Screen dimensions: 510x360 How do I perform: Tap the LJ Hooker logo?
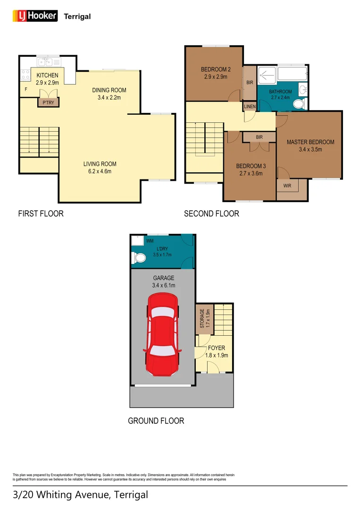(x=34, y=16)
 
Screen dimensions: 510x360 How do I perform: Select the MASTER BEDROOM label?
(x=310, y=142)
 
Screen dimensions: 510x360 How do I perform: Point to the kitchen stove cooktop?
(x=25, y=74)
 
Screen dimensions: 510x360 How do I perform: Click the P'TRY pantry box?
(x=48, y=102)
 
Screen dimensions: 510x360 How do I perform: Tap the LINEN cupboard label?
(x=250, y=107)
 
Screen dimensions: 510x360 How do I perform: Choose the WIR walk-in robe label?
(x=287, y=186)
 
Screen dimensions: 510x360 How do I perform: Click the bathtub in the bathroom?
(x=292, y=73)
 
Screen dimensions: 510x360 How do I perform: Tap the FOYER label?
(x=216, y=348)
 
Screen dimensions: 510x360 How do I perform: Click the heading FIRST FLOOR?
(x=41, y=213)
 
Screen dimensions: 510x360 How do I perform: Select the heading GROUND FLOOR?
(x=156, y=420)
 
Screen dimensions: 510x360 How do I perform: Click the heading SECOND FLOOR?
(x=211, y=213)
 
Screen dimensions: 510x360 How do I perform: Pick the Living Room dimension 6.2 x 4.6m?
(x=100, y=171)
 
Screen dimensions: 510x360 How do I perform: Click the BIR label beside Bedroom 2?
(x=249, y=82)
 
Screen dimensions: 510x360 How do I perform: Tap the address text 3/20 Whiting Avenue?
(x=80, y=495)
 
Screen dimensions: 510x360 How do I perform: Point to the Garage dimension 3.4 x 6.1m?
(x=163, y=285)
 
